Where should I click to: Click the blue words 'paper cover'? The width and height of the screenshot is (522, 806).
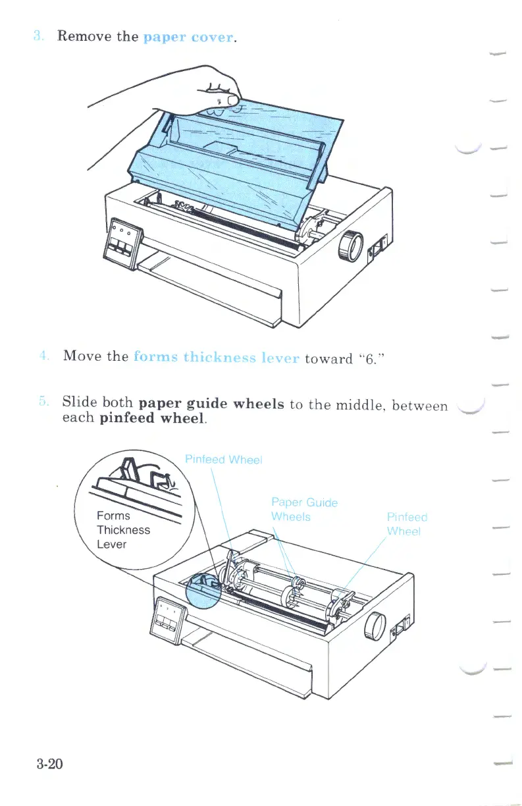click(x=188, y=36)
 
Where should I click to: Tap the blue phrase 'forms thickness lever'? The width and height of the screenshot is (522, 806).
click(x=217, y=358)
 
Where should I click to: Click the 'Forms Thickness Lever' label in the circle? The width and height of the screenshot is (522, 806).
click(x=123, y=530)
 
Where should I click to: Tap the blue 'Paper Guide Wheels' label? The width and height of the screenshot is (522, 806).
click(x=303, y=510)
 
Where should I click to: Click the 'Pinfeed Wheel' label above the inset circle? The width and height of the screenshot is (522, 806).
click(x=223, y=460)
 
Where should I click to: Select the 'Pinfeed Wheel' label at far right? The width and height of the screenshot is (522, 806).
click(x=407, y=524)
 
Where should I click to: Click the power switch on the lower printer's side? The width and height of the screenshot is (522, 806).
click(x=400, y=631)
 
